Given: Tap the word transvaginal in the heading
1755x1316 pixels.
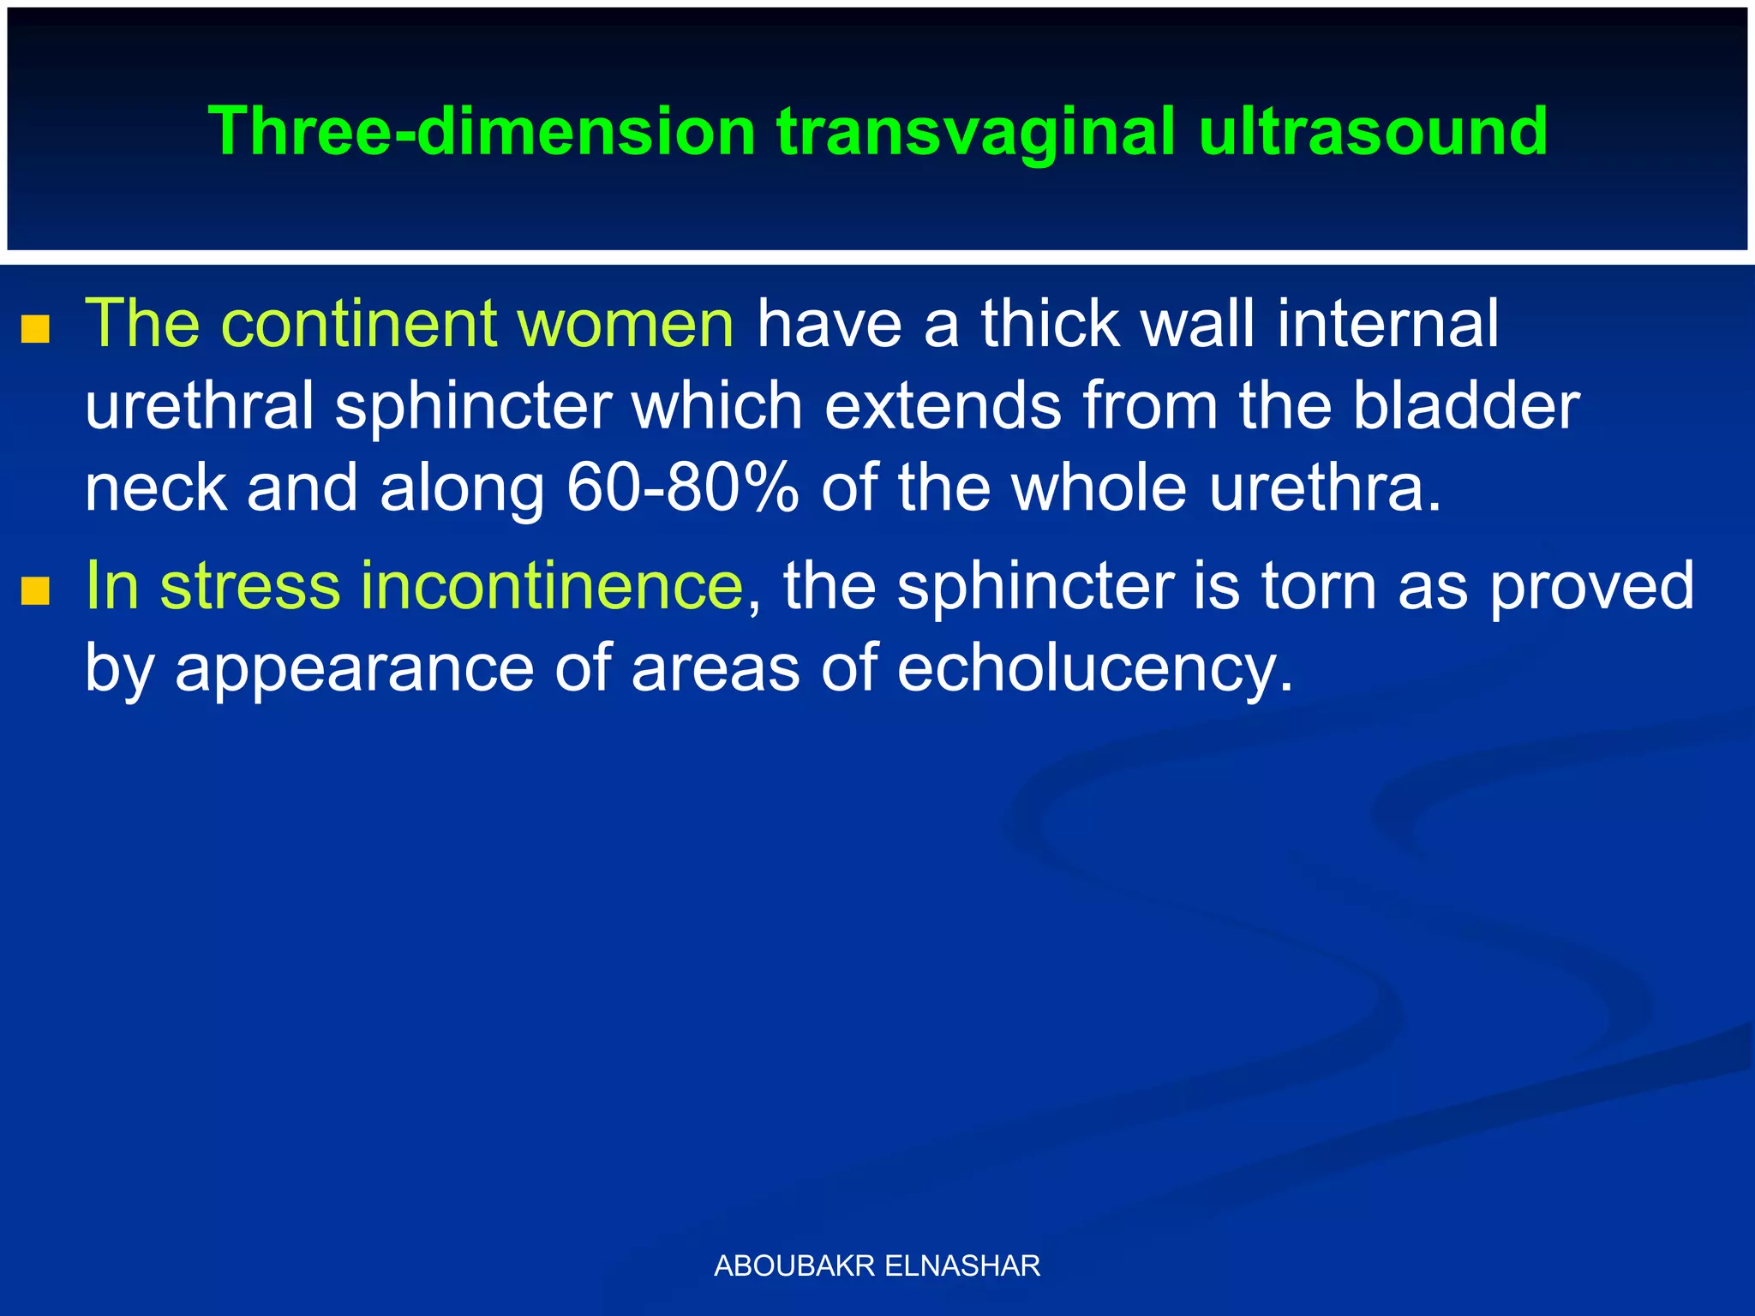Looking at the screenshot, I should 976,132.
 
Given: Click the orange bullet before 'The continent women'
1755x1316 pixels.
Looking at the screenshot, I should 35,329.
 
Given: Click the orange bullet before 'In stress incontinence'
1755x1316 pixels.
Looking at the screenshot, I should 35,590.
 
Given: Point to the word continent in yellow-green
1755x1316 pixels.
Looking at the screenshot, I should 360,324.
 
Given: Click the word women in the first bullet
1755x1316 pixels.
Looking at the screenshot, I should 625,324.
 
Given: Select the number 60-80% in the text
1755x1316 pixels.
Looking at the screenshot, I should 682,488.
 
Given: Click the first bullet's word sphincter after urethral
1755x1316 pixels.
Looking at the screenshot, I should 473,406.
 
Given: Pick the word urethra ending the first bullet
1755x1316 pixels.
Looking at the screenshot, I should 1324,488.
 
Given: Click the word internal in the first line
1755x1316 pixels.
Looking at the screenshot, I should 1387,324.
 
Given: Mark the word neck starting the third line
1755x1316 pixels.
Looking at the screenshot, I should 155,488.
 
